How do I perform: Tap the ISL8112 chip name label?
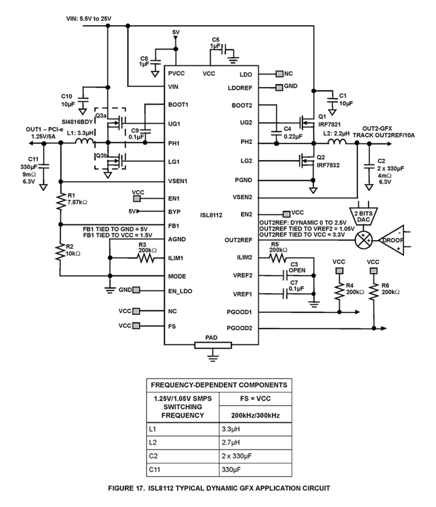coord(211,215)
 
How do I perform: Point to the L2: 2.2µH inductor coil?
coord(337,141)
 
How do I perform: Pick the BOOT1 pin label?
coord(178,104)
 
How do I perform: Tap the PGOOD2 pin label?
coord(240,328)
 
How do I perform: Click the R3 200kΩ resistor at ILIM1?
coord(146,258)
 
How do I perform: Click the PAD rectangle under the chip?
coord(213,345)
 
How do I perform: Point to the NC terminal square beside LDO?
coord(279,74)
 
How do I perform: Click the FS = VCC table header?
coord(255,399)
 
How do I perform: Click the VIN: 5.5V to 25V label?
coord(89,19)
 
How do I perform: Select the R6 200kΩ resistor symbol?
coord(374,292)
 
